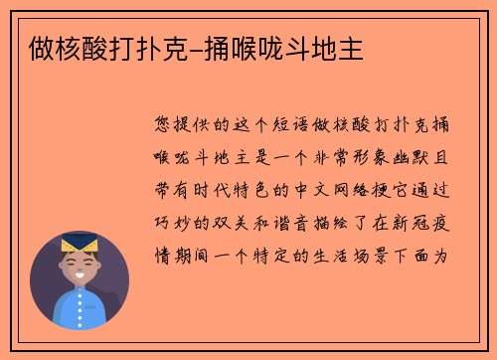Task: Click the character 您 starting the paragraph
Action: coord(165,124)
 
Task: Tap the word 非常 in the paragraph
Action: coord(341,157)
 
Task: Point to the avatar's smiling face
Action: coord(80,267)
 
